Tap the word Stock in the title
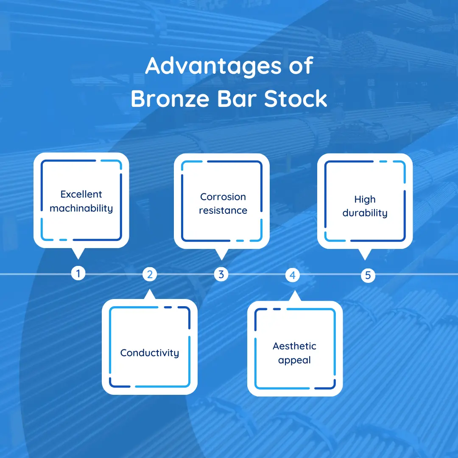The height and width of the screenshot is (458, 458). click(296, 99)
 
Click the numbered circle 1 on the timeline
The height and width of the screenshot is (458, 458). click(78, 274)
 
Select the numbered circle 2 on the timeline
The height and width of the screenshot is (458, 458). click(149, 274)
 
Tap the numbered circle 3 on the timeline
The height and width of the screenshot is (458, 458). click(221, 274)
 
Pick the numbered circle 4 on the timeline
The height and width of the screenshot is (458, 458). click(292, 275)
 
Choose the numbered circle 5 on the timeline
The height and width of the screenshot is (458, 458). click(368, 275)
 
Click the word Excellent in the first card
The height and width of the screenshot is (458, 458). click(81, 194)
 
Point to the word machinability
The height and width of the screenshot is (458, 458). click(81, 209)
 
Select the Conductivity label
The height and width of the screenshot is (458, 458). click(149, 353)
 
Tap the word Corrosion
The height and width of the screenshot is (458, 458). click(223, 197)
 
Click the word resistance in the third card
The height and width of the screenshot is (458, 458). click(223, 210)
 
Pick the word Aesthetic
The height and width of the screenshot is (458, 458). click(294, 346)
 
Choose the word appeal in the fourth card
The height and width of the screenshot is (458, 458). click(294, 360)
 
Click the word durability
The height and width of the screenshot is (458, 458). click(365, 213)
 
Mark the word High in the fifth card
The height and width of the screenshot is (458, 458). click(365, 199)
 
